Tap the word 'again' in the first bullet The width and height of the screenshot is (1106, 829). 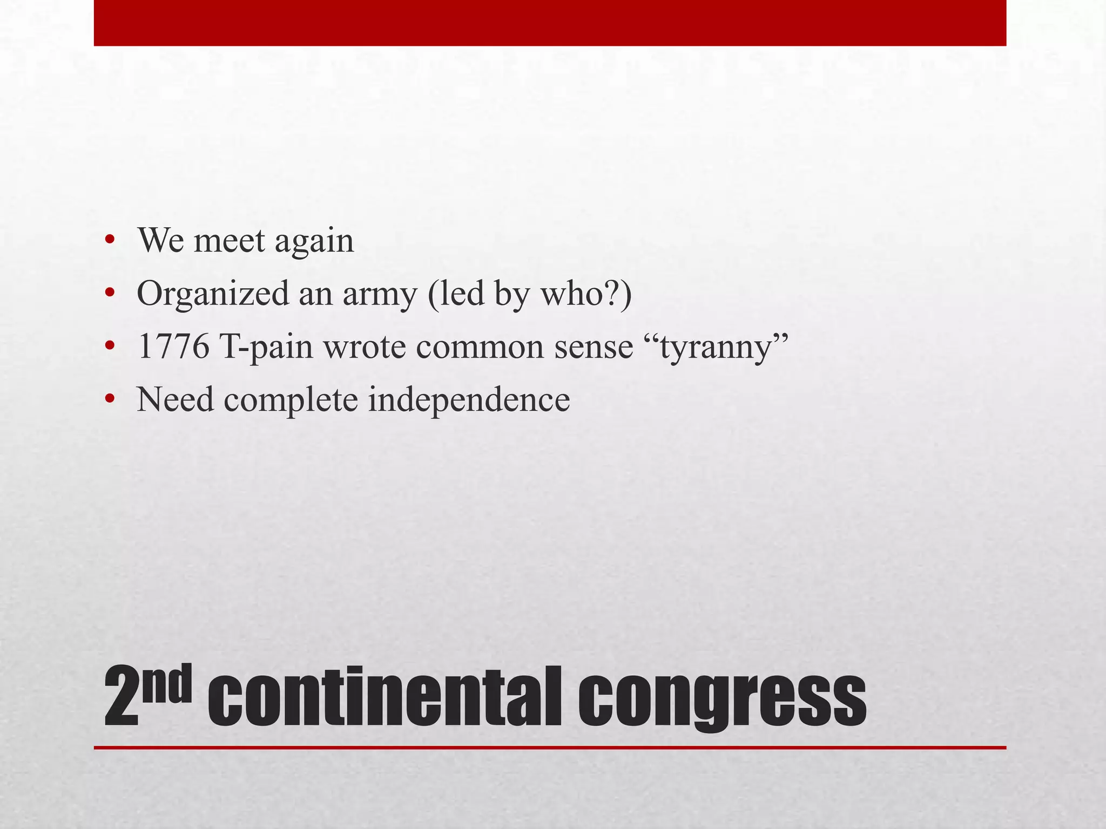pos(314,241)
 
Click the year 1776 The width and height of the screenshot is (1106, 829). pos(173,346)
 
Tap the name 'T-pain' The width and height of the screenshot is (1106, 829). pos(266,346)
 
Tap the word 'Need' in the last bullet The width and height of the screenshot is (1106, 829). pos(176,399)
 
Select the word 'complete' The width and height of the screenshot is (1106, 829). pos(291,399)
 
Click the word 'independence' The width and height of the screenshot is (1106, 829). pos(469,399)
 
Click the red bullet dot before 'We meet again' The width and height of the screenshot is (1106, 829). pos(110,241)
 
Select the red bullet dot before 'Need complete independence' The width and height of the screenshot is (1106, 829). pos(110,399)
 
